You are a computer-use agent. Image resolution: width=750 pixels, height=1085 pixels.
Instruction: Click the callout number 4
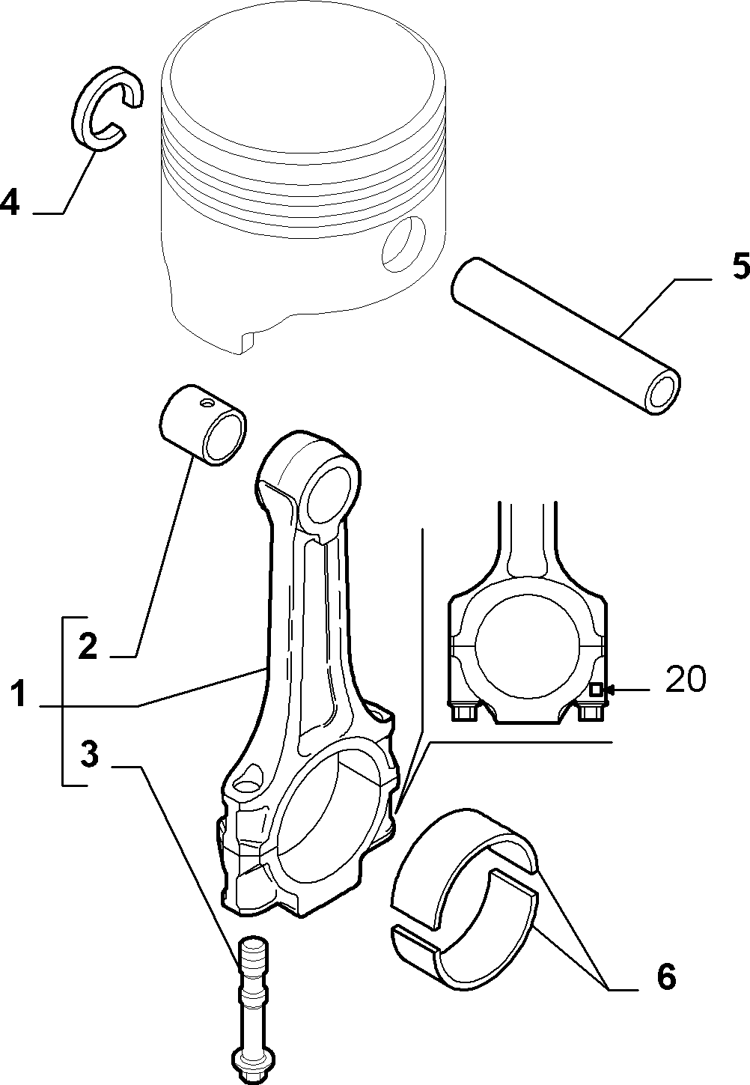pos(10,202)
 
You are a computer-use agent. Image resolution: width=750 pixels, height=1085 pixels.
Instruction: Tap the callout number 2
pos(88,645)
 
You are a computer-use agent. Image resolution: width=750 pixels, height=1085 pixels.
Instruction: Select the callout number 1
pos(19,693)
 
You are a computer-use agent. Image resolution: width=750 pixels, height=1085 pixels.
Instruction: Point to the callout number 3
pos(89,754)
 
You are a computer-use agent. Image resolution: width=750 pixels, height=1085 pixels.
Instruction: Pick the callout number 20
pos(686,678)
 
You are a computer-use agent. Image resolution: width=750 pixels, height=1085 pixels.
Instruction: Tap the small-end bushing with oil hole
pos(202,425)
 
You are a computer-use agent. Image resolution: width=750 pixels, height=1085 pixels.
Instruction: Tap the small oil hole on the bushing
pos(207,403)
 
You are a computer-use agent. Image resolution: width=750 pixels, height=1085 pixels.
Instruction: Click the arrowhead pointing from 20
pos(609,689)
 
